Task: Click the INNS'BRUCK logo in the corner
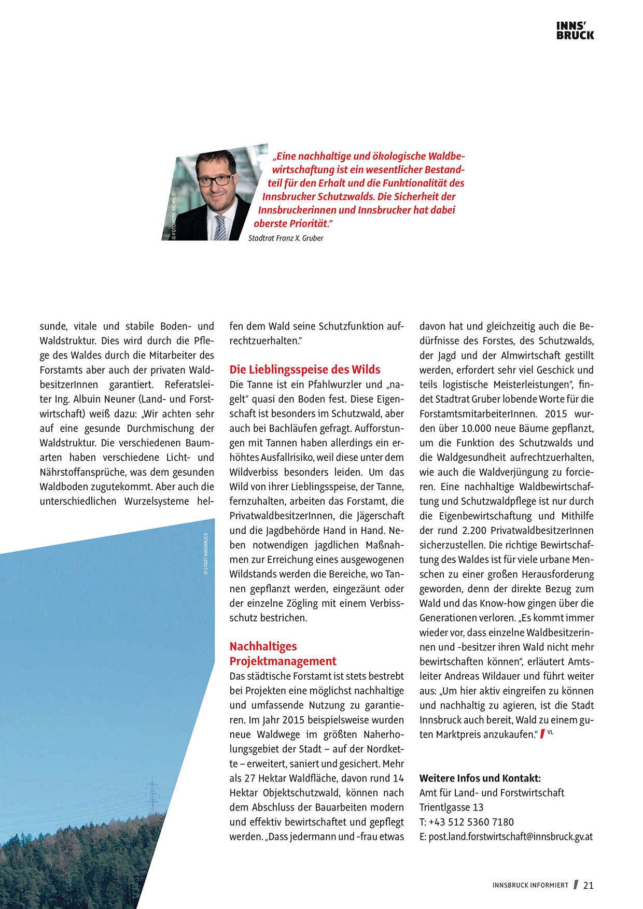pyautogui.click(x=575, y=31)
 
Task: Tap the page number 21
pyautogui.click(x=588, y=885)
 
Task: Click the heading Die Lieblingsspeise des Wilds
pyautogui.click(x=305, y=370)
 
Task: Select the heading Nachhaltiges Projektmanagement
pyautogui.click(x=283, y=654)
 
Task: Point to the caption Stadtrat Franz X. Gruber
pyautogui.click(x=286, y=238)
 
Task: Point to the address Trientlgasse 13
pyautogui.click(x=451, y=807)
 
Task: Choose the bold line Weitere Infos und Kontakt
pyautogui.click(x=480, y=778)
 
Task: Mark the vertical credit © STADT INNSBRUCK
pyautogui.click(x=206, y=554)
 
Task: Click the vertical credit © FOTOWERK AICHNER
pyautogui.click(x=174, y=216)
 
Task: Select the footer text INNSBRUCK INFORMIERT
pyautogui.click(x=530, y=885)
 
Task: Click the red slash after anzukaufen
pyautogui.click(x=542, y=734)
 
